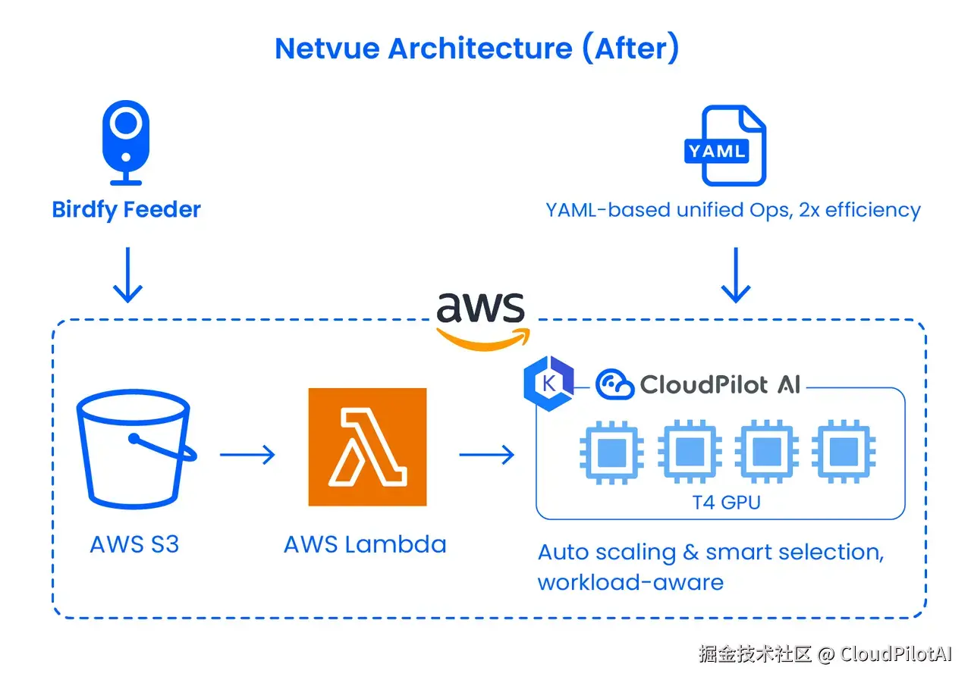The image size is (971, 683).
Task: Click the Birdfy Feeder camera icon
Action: coord(126,143)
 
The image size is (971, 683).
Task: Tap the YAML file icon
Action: coord(725,146)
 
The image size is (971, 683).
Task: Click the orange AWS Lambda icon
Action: coord(367,446)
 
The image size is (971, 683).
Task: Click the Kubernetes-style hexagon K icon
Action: coord(548,384)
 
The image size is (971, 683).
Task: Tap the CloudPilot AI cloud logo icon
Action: coord(614,384)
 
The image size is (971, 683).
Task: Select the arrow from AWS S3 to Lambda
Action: coord(247,455)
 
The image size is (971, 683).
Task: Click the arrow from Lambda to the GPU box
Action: coord(486,455)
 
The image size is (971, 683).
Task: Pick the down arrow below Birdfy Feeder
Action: coord(127,275)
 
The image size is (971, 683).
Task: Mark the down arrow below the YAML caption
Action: coord(736,275)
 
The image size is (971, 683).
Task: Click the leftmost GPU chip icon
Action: coord(611,452)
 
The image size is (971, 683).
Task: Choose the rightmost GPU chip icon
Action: coord(844,452)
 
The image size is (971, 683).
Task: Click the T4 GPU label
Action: coord(727,503)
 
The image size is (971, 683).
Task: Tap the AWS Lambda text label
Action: coord(365,544)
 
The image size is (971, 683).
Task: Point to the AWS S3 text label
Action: coord(134,544)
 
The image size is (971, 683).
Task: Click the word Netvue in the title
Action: coord(327,49)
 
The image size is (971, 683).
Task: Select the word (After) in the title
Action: coord(630,48)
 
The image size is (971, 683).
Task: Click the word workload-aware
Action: coord(630,582)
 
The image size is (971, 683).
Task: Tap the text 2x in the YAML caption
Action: coord(809,210)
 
